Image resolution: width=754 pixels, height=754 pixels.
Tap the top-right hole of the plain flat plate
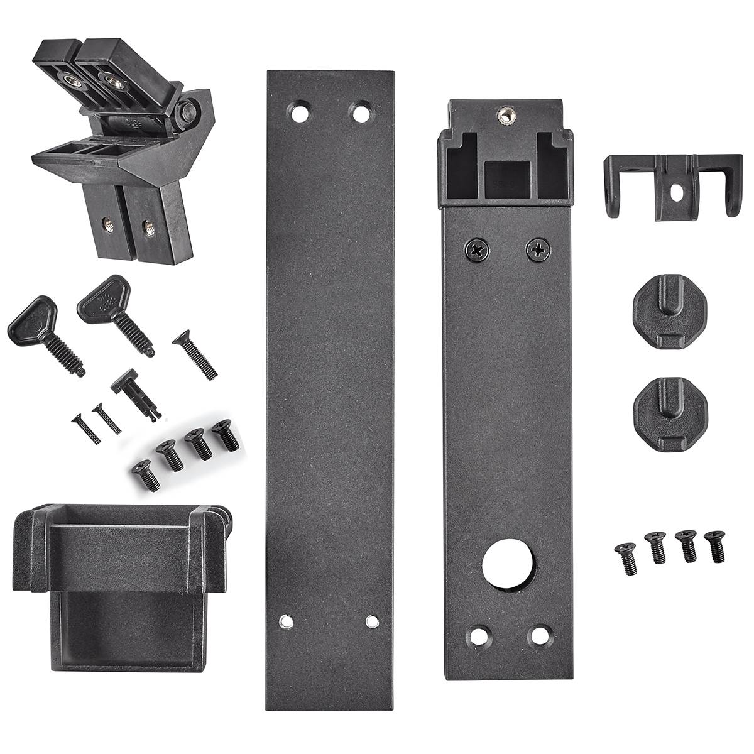361,114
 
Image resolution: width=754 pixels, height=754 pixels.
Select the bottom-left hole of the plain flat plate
287,621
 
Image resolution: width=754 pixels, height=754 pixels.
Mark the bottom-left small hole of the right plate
480,636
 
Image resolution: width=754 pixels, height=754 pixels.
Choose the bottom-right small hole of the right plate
538,636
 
